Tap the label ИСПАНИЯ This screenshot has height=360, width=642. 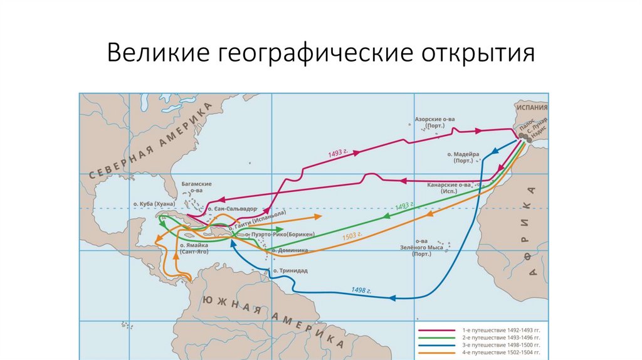point(531,107)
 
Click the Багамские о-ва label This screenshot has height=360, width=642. point(196,187)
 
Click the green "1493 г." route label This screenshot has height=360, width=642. point(405,206)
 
